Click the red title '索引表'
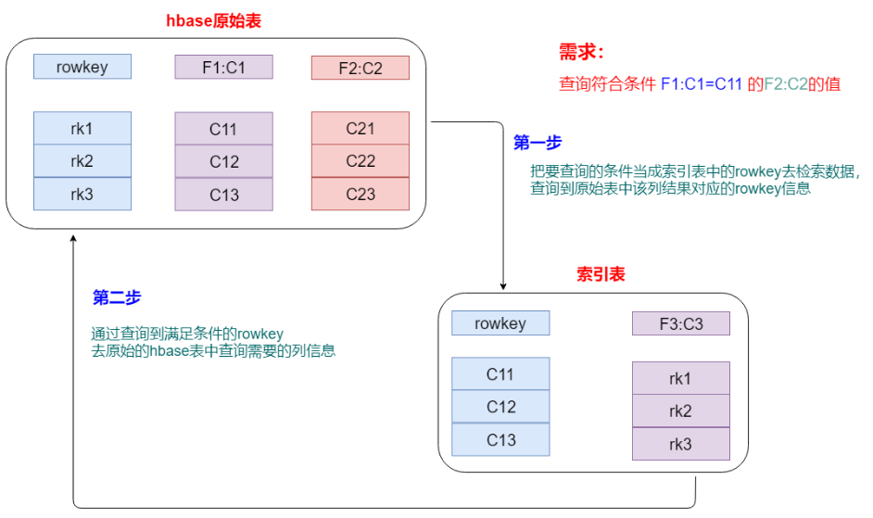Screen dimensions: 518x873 coord(600,274)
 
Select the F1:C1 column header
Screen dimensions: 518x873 coord(223,67)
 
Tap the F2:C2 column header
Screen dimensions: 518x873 coord(360,68)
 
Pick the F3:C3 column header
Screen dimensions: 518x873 coord(680,323)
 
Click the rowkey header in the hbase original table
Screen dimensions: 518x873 coord(82,66)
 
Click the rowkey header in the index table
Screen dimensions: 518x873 coord(500,323)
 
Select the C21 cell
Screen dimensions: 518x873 coord(360,128)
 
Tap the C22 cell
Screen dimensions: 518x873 coord(360,161)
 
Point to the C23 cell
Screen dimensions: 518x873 coord(360,194)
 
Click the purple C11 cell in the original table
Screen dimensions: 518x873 coord(223,129)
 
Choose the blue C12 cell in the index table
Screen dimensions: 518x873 coord(500,407)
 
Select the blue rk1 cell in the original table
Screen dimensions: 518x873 coord(82,128)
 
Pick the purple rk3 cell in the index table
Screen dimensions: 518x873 coord(680,444)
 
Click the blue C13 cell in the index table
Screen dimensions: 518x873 coord(500,440)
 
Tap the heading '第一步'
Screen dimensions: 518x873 coord(538,143)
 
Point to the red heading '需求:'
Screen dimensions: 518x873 coord(581,52)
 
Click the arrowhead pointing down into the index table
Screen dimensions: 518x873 coord(502,286)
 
